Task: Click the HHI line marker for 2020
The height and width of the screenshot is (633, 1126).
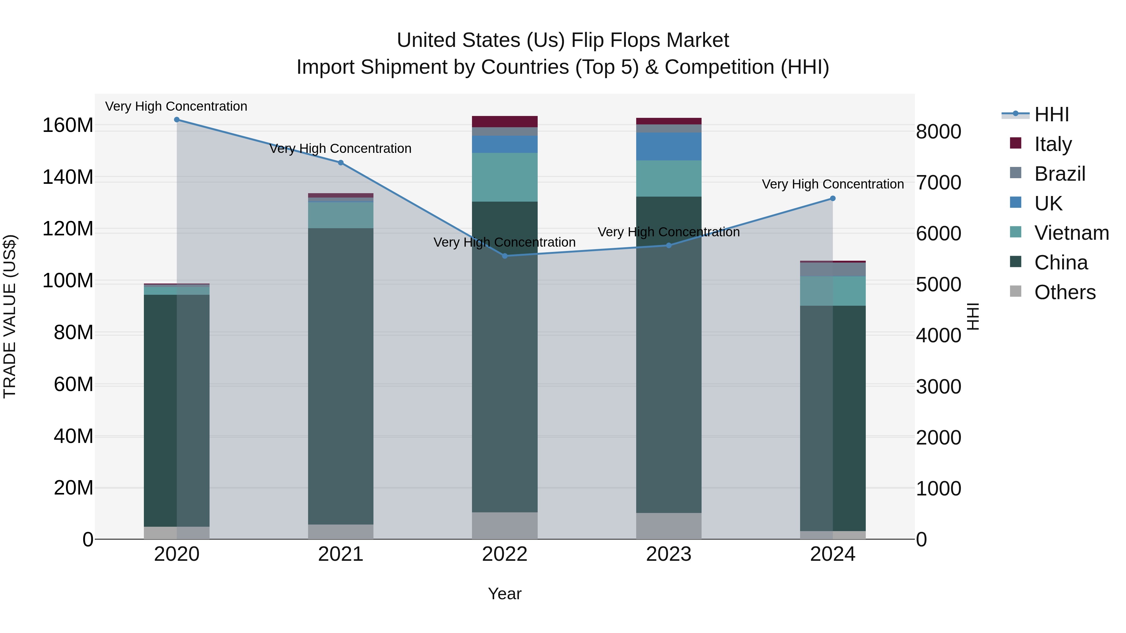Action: click(x=177, y=120)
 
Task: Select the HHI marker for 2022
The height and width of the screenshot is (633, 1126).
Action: click(x=505, y=256)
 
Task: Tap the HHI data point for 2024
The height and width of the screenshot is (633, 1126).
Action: click(x=832, y=198)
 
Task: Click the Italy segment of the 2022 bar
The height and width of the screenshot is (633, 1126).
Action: click(x=505, y=122)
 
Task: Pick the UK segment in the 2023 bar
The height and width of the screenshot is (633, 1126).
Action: click(x=668, y=146)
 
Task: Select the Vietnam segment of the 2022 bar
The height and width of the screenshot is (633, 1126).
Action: click(x=505, y=177)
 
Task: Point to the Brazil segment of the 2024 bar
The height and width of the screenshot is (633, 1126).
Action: click(x=832, y=269)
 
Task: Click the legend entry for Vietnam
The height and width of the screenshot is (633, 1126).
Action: click(x=1071, y=233)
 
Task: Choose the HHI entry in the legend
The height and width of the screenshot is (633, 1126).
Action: click(x=1051, y=114)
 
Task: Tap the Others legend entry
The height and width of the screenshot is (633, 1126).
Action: click(x=1064, y=292)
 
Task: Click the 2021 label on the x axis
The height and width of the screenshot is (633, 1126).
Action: click(x=341, y=554)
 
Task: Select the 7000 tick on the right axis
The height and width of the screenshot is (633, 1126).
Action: click(x=938, y=183)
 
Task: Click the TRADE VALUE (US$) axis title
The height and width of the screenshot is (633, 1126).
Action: click(x=10, y=316)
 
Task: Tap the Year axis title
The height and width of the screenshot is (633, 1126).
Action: click(x=505, y=594)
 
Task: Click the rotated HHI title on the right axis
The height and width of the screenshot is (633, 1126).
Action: click(x=973, y=316)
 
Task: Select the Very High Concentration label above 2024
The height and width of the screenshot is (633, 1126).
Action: click(x=832, y=184)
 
